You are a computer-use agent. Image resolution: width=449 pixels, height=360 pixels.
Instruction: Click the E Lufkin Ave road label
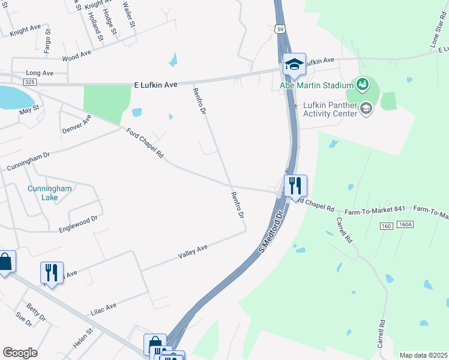pos(154,85)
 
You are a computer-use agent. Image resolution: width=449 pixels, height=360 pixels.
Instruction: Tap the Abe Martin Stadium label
pos(317,85)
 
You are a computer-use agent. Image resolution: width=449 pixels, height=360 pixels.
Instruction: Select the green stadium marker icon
pos(362,84)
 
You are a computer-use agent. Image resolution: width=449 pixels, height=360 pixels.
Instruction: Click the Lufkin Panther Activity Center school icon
pos(367,108)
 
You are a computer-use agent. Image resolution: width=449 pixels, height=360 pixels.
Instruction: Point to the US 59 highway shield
pos(280,29)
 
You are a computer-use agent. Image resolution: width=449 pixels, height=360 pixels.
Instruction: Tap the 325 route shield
pos(30,81)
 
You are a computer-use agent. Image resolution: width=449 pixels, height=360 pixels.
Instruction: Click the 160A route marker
pos(406,224)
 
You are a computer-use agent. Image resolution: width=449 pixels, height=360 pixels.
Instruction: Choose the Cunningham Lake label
pos(49,193)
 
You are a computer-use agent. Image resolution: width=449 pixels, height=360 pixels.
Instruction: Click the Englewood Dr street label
pos(78,224)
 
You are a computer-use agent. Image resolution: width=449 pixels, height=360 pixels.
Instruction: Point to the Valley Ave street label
pos(193,251)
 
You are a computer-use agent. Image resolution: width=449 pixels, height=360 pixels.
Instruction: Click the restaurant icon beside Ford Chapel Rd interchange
pos(295,185)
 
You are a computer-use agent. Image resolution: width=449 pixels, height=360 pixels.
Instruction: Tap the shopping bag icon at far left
pos(5,262)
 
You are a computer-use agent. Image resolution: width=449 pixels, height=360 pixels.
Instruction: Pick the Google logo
pos(20,353)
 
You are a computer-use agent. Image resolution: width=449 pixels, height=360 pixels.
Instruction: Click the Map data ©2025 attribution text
pos(423,355)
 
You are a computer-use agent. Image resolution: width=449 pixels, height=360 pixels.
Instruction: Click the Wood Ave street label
pos(76,56)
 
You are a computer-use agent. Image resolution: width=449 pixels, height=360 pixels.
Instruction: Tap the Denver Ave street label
pos(76,124)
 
